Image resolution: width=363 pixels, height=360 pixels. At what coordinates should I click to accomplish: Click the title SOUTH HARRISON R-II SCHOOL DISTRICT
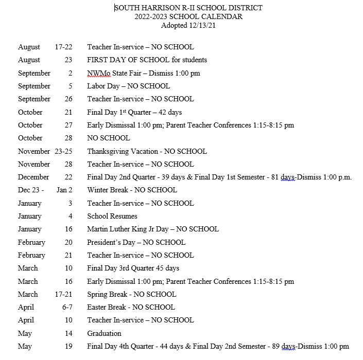coord(188,8)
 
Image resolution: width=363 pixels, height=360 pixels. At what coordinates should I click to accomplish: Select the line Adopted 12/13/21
coord(188,25)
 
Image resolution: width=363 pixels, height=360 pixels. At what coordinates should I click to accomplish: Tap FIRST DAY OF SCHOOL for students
coord(147,60)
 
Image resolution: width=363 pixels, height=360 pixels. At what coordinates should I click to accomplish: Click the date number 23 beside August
coord(68,60)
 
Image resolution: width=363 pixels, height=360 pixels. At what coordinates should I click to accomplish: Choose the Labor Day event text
coord(128,86)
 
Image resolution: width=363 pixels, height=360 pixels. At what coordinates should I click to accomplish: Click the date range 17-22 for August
coord(63,47)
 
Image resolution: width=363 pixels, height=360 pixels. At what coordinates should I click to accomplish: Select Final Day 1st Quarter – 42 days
coord(134,112)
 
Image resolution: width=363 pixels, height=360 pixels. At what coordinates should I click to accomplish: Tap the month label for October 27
coord(30,125)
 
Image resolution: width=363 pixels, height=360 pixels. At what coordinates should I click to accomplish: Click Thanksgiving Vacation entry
coord(147,151)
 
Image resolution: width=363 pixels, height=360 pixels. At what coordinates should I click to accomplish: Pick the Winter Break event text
coord(132,190)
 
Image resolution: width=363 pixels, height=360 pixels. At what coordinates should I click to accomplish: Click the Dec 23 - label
coord(31,190)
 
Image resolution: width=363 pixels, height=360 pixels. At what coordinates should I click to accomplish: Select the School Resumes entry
coord(112,216)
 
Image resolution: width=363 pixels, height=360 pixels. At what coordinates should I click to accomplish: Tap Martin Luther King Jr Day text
coord(153,229)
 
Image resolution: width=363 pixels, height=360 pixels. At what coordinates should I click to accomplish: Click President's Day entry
coord(136,242)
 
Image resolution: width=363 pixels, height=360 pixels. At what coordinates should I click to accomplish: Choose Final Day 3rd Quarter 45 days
coord(133,268)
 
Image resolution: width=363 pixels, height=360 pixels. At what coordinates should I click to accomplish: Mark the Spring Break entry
coord(131,294)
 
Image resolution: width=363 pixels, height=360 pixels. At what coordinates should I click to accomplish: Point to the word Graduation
coord(104,333)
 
